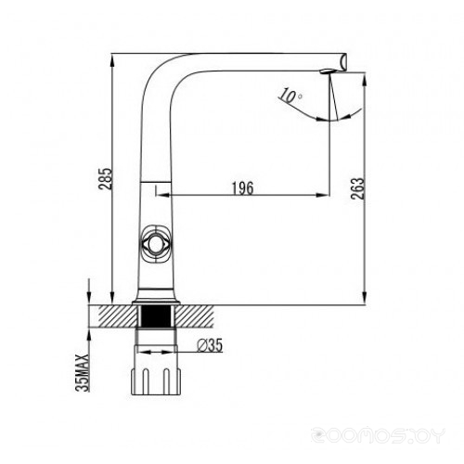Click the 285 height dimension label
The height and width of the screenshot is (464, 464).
[105, 178]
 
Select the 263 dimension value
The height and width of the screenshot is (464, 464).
[357, 188]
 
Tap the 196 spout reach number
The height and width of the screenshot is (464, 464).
[243, 188]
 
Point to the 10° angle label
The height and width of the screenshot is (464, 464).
[290, 96]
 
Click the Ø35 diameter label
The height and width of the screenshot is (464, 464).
[210, 345]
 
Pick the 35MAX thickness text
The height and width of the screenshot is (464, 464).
[83, 373]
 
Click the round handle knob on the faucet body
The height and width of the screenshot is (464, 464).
[155, 244]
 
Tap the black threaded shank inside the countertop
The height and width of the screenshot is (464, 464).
[156, 316]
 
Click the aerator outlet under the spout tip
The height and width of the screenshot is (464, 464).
[327, 71]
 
